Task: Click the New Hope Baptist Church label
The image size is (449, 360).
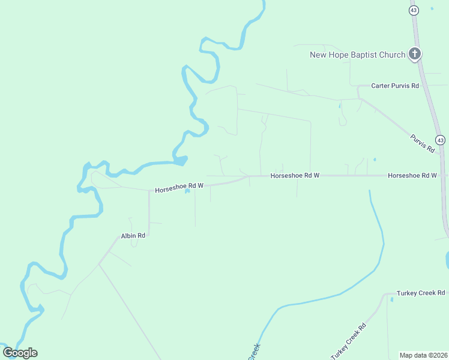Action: click(357, 55)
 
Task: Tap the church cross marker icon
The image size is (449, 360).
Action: click(414, 54)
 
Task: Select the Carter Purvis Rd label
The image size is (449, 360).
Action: click(395, 86)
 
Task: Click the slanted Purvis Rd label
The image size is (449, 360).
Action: click(422, 143)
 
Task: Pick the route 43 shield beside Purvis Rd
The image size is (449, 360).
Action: click(441, 140)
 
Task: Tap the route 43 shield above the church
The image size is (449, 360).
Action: click(414, 10)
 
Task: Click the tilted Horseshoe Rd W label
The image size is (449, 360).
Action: click(179, 188)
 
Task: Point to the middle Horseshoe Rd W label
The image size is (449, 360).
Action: click(295, 175)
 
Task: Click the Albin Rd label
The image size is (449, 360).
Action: click(133, 236)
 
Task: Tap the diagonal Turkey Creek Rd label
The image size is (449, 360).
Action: click(348, 340)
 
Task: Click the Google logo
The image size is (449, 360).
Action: click(20, 353)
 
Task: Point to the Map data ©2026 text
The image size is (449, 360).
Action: click(423, 355)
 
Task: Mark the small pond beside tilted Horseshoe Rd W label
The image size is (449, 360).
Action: click(187, 192)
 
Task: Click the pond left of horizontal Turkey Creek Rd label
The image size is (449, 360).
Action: click(391, 299)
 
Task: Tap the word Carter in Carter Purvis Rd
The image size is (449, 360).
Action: click(381, 86)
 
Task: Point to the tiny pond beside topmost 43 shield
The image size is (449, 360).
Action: click(432, 8)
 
